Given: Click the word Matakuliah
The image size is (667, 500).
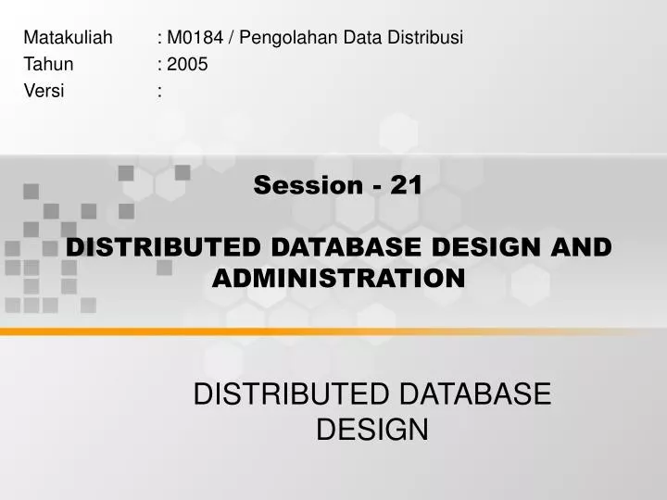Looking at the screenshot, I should pos(68,38).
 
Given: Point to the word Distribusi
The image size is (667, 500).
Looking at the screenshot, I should pos(429,38).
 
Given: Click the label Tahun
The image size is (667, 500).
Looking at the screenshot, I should pos(48,64).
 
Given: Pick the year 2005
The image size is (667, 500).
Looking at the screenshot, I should pos(188,64).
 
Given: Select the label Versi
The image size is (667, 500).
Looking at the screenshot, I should pos(44,90).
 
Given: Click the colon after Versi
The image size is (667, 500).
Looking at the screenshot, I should pos(160,90).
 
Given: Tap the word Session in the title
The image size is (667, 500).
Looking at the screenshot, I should pos(307,185).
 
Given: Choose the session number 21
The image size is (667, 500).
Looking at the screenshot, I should pos(406,185).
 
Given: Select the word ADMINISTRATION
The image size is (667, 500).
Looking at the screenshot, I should pos(338,277).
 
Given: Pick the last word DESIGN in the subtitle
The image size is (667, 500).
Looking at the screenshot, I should pos(372,430).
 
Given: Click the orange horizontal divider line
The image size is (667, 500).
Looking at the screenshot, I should pos(333,330).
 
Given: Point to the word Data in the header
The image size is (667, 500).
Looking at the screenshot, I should pos(338,38).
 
